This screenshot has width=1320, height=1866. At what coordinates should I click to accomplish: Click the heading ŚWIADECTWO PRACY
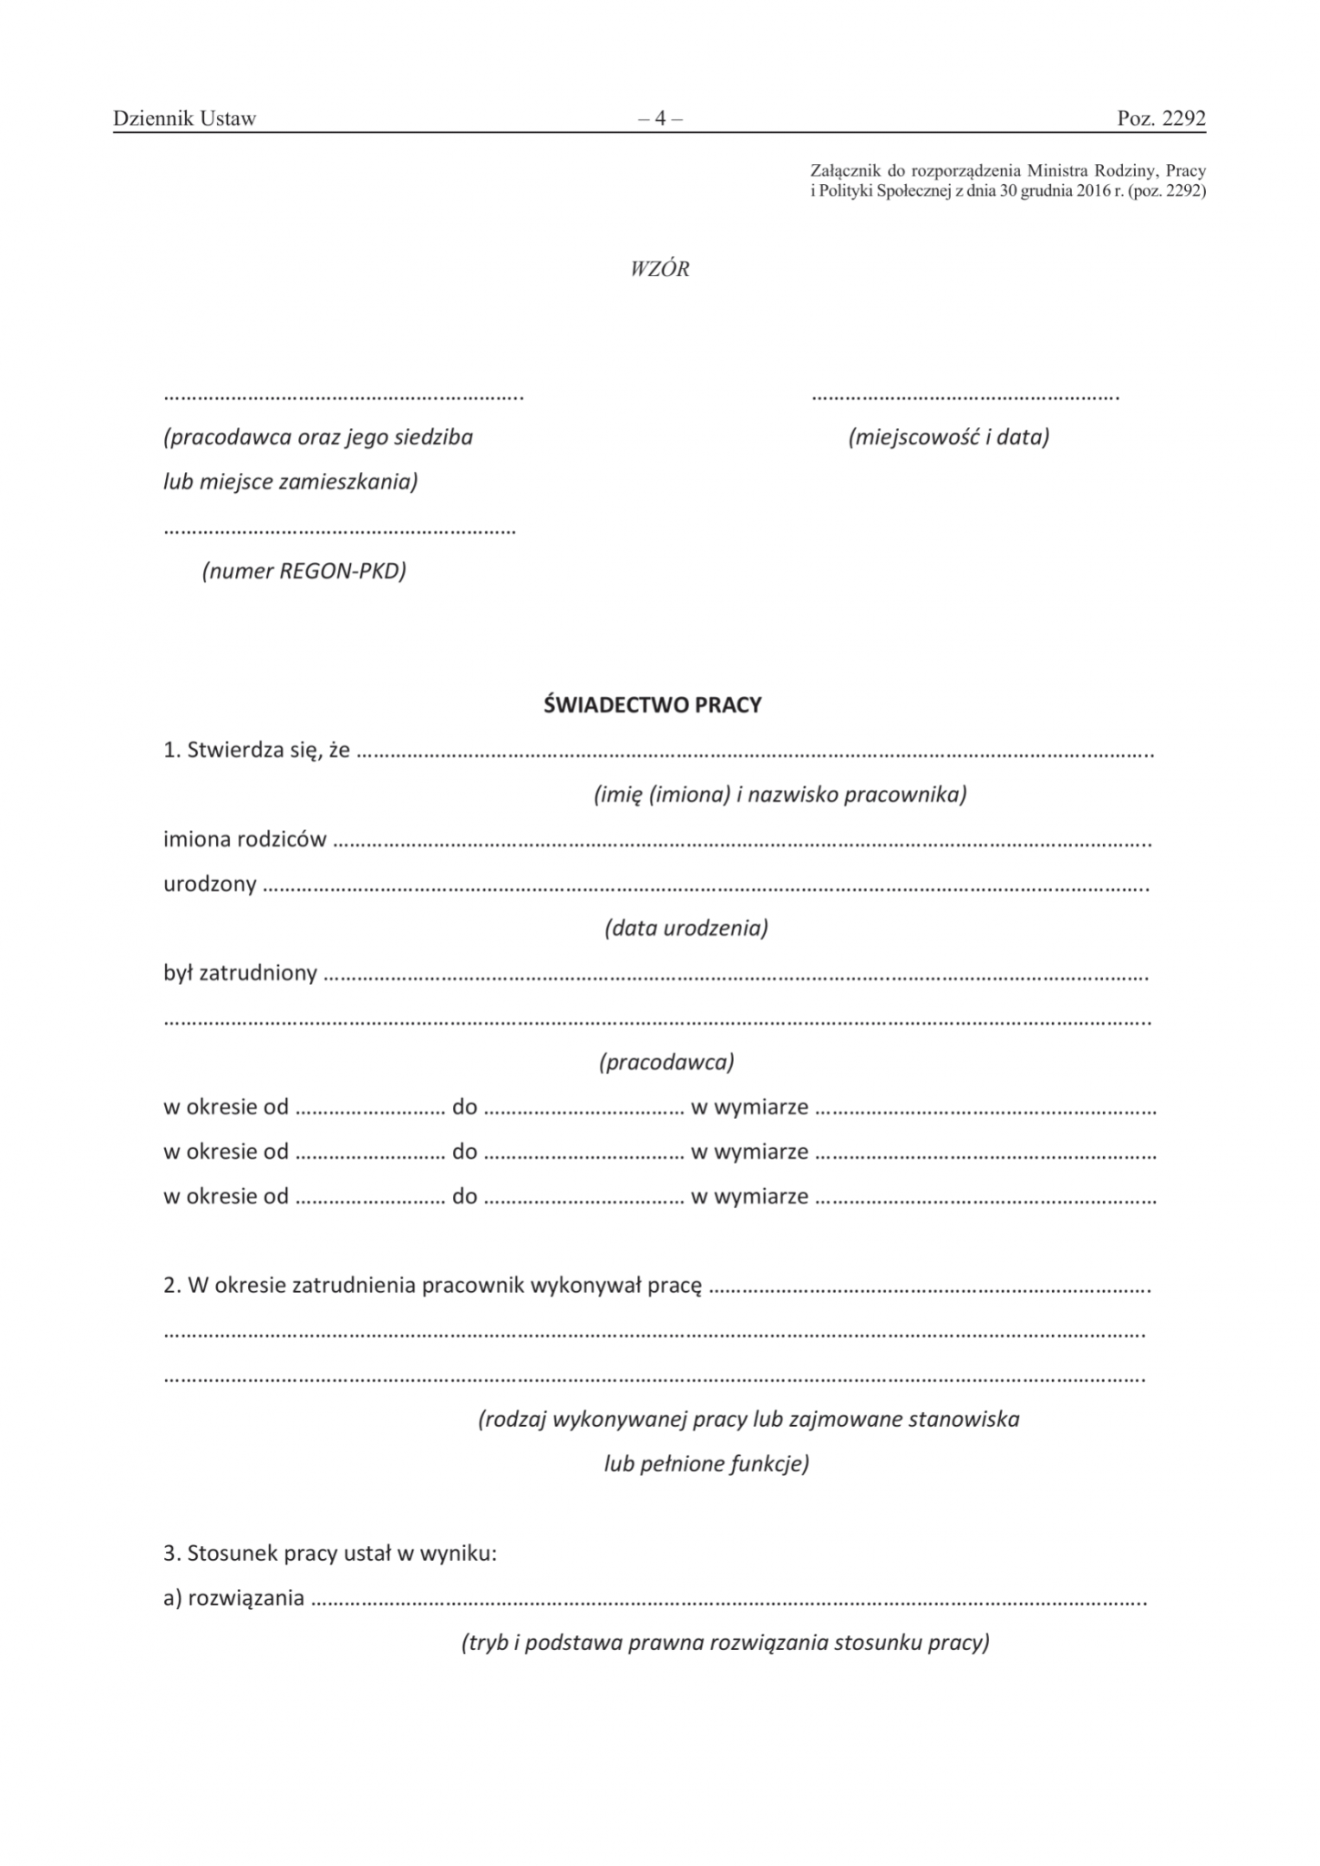coord(652,705)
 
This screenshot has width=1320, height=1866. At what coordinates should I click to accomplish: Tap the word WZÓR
coord(659,270)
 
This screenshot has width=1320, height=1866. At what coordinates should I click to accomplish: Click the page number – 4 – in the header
coord(660,118)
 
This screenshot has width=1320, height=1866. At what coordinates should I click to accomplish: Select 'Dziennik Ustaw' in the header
coord(184,118)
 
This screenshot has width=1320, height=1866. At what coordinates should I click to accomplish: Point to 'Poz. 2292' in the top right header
coord(1160,118)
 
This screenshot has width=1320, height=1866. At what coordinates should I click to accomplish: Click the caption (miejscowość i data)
coord(948,437)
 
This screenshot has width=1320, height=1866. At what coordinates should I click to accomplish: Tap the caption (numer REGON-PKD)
coord(304,571)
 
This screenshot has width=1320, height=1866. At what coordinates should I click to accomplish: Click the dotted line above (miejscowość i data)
coord(964,397)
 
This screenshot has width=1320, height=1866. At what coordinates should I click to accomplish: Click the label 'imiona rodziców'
coord(244,840)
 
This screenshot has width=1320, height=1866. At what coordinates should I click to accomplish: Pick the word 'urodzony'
coord(210,885)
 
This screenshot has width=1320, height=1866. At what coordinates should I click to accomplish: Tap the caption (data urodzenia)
coord(686,928)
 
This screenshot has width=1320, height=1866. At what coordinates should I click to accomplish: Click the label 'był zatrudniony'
coord(240,974)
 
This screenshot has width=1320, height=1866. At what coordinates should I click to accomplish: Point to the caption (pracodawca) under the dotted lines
coord(666,1062)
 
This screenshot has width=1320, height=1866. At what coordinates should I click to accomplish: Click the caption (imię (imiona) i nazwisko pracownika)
coord(779,795)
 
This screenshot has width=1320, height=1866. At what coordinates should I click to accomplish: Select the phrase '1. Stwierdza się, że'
coord(256,751)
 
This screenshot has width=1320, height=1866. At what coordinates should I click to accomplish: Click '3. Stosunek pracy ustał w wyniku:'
coord(330,1553)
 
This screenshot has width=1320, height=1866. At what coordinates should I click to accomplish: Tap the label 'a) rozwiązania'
coord(233,1598)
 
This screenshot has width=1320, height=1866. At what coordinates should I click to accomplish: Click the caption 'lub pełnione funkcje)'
coord(706,1464)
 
